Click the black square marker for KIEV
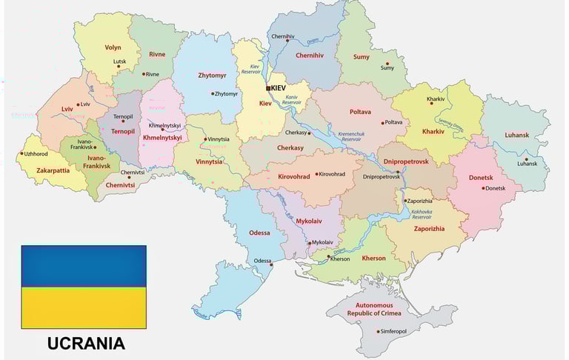point(268,88)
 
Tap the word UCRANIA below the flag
point(86,344)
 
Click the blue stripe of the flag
point(84,266)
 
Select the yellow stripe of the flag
point(84,307)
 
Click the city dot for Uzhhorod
point(21,154)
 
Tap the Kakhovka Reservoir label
point(422,215)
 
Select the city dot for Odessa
point(272,264)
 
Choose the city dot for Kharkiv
point(433,104)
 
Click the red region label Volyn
point(113,47)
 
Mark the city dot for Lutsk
point(119,67)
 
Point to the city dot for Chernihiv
point(285,42)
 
